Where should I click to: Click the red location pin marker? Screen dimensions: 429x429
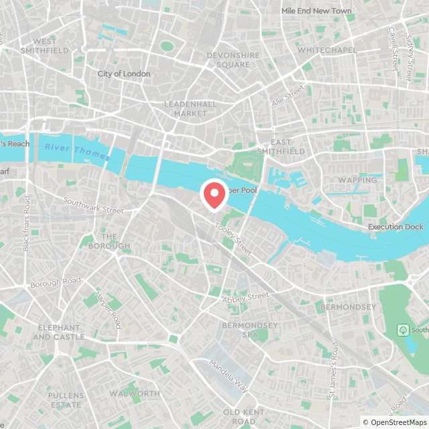(x=214, y=195)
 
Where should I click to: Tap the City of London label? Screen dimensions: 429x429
(x=124, y=74)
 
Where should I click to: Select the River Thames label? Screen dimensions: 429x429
(x=78, y=151)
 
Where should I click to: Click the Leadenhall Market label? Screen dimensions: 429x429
(x=186, y=109)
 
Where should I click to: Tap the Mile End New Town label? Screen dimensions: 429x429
(x=316, y=11)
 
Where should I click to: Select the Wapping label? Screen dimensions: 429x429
(x=357, y=180)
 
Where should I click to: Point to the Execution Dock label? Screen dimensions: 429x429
(x=395, y=227)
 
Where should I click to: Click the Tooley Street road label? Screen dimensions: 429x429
(x=233, y=239)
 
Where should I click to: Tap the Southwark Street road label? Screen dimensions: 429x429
(x=94, y=205)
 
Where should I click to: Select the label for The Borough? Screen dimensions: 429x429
(x=109, y=241)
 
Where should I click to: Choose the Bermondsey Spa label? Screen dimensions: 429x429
(x=249, y=329)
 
